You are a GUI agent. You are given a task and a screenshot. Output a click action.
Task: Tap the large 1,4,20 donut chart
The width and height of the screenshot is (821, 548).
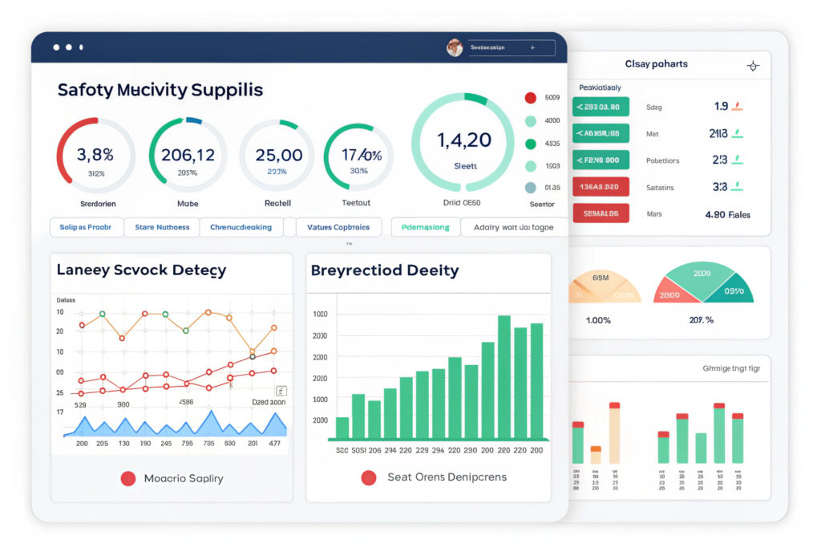click(x=463, y=144)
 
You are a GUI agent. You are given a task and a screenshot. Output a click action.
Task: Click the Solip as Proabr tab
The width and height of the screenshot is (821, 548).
click(x=86, y=227)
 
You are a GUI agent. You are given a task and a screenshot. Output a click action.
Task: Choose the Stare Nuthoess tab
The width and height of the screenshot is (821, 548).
click(x=162, y=227)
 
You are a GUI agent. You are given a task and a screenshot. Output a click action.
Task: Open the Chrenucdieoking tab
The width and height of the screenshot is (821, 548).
click(x=241, y=227)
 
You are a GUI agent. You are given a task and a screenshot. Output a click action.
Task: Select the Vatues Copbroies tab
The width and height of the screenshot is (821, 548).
click(x=338, y=227)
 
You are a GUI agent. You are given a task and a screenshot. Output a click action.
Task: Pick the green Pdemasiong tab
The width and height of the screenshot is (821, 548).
click(x=425, y=227)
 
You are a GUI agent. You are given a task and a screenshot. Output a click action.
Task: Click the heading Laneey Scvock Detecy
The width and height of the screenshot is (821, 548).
click(x=141, y=270)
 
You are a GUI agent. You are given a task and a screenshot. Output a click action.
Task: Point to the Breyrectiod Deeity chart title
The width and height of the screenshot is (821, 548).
click(x=384, y=270)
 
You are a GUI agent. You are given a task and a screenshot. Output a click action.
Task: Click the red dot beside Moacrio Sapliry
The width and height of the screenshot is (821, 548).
click(x=127, y=478)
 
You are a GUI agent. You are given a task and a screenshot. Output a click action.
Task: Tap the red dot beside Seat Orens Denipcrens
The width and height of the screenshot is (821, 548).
click(x=369, y=477)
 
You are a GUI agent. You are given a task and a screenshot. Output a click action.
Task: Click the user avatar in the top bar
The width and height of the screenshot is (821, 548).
click(x=455, y=48)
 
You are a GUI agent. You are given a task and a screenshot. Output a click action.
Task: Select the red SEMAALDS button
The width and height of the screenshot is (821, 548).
click(x=601, y=213)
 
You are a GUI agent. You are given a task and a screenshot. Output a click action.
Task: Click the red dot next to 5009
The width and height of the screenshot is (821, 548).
click(x=530, y=98)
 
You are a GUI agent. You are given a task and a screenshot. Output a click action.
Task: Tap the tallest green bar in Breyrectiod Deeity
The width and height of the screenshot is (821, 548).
click(x=504, y=378)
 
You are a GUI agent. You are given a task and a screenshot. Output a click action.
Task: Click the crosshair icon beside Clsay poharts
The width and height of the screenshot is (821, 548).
click(x=752, y=66)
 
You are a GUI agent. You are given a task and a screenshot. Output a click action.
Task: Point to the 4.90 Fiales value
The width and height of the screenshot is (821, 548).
click(x=726, y=214)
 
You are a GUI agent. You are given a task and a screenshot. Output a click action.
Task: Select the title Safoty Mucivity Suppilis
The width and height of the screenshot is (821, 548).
click(x=160, y=90)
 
